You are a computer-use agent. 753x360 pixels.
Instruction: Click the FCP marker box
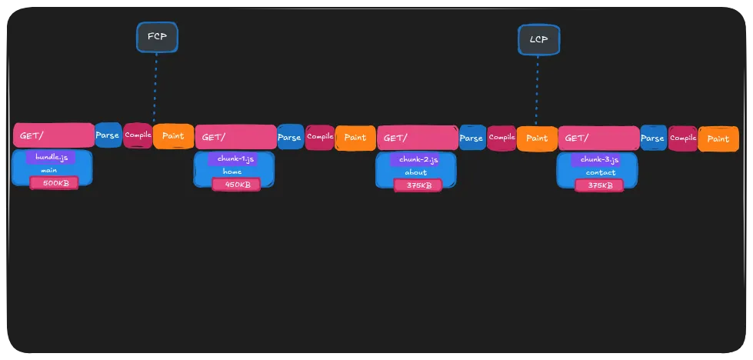point(157,38)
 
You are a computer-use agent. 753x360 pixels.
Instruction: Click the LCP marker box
point(538,40)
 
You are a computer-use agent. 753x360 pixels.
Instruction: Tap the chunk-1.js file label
point(233,159)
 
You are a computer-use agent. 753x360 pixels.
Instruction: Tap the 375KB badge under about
point(418,185)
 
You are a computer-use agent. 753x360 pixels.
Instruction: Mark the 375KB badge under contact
point(600,185)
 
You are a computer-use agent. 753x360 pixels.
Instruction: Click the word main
point(49,170)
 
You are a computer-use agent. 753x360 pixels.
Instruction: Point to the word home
point(232,172)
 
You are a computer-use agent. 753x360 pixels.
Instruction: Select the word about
point(415,172)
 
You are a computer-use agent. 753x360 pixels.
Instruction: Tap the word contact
point(600,172)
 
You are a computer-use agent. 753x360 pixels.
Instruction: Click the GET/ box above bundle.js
point(53,135)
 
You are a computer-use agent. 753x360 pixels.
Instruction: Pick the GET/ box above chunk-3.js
point(598,138)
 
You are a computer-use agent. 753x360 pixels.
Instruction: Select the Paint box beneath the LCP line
point(537,138)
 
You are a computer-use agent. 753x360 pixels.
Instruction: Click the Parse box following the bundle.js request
point(108,135)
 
